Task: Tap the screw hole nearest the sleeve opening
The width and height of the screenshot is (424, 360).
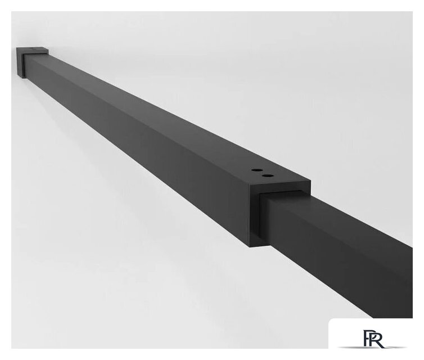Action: pyautogui.click(x=266, y=175)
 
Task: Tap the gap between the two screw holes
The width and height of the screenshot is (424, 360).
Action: pyautogui.click(x=261, y=173)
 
